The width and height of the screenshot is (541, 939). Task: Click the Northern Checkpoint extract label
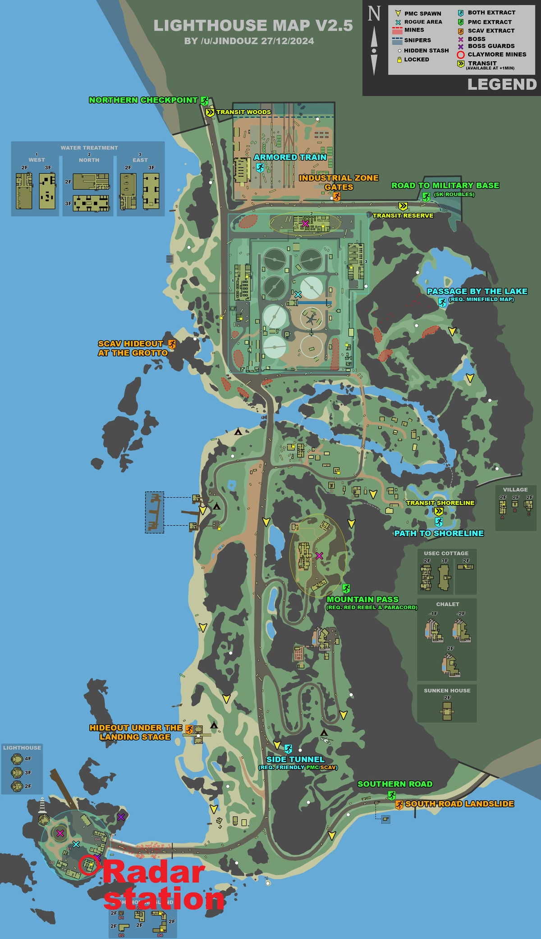(143, 100)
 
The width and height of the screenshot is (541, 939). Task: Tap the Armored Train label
(290, 157)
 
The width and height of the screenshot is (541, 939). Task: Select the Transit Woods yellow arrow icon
(210, 112)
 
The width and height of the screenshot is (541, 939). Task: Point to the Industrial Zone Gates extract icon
(336, 197)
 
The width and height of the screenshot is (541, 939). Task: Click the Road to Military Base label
(445, 185)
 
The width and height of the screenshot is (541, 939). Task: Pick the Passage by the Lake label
(477, 291)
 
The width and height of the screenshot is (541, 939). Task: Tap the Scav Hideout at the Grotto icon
(172, 344)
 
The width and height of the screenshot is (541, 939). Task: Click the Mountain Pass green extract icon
(346, 588)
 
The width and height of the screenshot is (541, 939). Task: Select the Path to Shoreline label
(439, 533)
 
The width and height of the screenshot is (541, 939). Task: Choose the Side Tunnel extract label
(295, 760)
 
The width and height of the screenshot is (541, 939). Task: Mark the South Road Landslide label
(459, 804)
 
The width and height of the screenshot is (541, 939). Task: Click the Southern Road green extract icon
(391, 796)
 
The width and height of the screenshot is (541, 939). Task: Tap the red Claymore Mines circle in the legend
(460, 55)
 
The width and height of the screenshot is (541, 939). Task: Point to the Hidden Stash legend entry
(426, 50)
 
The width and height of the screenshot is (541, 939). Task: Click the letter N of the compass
(374, 14)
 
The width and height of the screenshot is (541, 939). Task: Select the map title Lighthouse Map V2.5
(253, 26)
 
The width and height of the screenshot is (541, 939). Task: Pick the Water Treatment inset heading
(89, 148)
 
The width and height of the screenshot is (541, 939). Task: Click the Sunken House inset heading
(447, 691)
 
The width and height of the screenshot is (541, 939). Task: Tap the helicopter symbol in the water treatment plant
(311, 319)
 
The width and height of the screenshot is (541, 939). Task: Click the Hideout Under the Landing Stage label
(135, 733)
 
